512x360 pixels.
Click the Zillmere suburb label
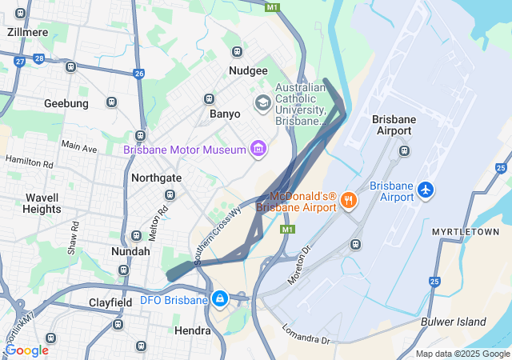tap(27, 32)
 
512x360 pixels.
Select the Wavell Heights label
tap(42, 203)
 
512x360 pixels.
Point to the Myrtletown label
tap(466, 232)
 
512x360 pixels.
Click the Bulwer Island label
tap(454, 322)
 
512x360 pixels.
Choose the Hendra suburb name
tap(192, 330)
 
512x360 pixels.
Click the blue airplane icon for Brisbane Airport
tap(426, 191)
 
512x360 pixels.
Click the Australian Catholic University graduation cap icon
tap(262, 103)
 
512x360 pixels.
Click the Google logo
tap(26, 350)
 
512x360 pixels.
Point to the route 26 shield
tap(139, 74)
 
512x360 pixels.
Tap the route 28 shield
tap(39, 58)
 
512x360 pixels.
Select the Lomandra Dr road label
tap(306, 334)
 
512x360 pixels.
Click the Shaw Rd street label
tap(74, 237)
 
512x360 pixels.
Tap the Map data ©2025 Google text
tap(462, 354)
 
